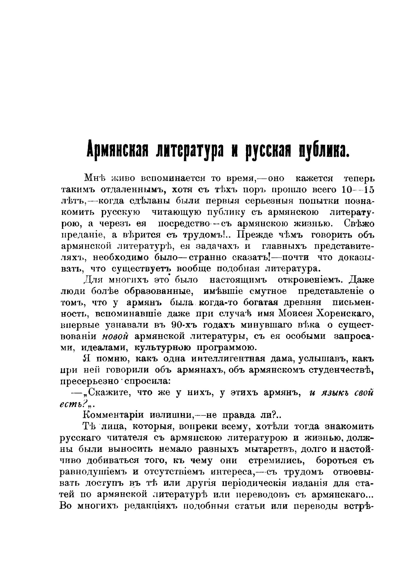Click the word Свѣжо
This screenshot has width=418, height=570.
tap(359, 224)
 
